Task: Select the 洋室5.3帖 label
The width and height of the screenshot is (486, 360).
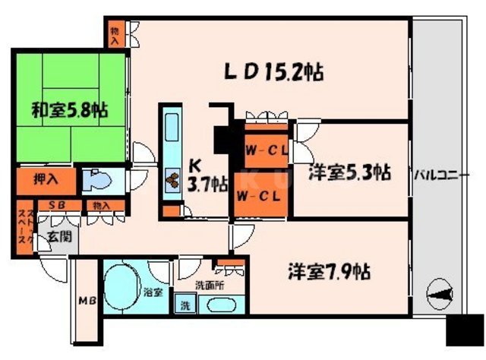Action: click(x=349, y=172)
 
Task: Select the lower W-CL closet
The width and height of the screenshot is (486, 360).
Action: click(x=260, y=197)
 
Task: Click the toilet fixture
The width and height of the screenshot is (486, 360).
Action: click(x=97, y=181)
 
